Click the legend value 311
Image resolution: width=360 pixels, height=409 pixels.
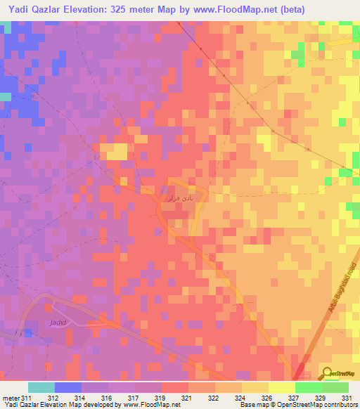(x=27, y=398)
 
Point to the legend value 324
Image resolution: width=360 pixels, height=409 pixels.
(x=240, y=398)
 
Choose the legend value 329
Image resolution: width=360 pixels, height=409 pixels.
(x=320, y=398)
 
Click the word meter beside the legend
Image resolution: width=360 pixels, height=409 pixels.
(x=11, y=398)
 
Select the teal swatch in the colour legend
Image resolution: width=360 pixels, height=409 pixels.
(x=41, y=387)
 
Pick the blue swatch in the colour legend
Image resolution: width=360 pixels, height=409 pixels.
(x=68, y=387)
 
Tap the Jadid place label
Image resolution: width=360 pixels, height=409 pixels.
(x=58, y=323)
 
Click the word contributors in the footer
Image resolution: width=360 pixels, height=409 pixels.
(x=342, y=405)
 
